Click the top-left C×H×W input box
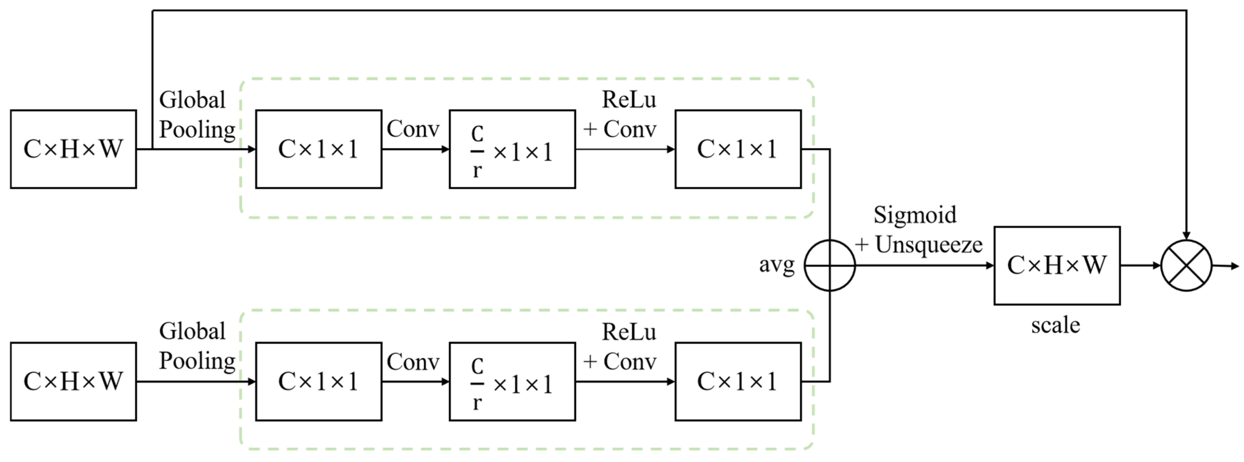(73, 149)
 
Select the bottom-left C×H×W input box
(73, 381)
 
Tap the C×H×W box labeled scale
(1057, 265)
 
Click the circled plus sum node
(830, 265)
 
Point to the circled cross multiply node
(1186, 265)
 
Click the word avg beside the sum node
(777, 264)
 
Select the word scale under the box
(1056, 325)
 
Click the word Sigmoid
(915, 215)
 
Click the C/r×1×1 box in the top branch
(512, 149)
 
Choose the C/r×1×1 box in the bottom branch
(512, 381)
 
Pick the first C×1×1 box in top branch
(319, 149)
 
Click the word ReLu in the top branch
(629, 100)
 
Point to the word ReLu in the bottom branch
(629, 332)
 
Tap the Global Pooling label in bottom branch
(197, 346)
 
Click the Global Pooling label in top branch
(197, 115)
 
